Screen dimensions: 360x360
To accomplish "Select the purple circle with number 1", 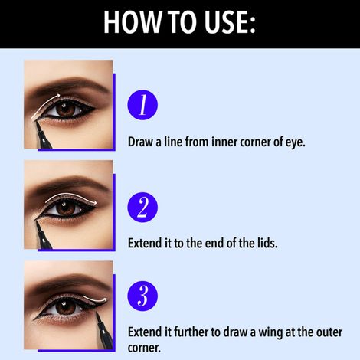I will (x=142, y=105).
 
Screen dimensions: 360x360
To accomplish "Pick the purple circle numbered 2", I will (x=142, y=207).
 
